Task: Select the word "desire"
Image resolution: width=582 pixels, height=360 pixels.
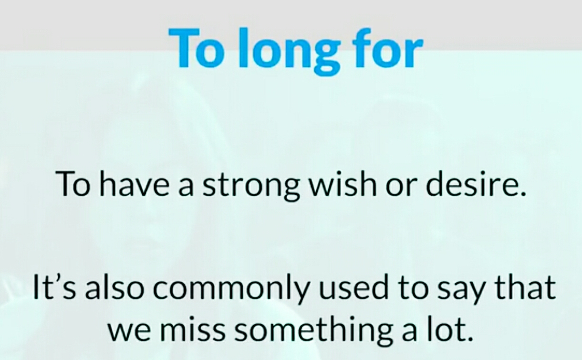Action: pos(470,183)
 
